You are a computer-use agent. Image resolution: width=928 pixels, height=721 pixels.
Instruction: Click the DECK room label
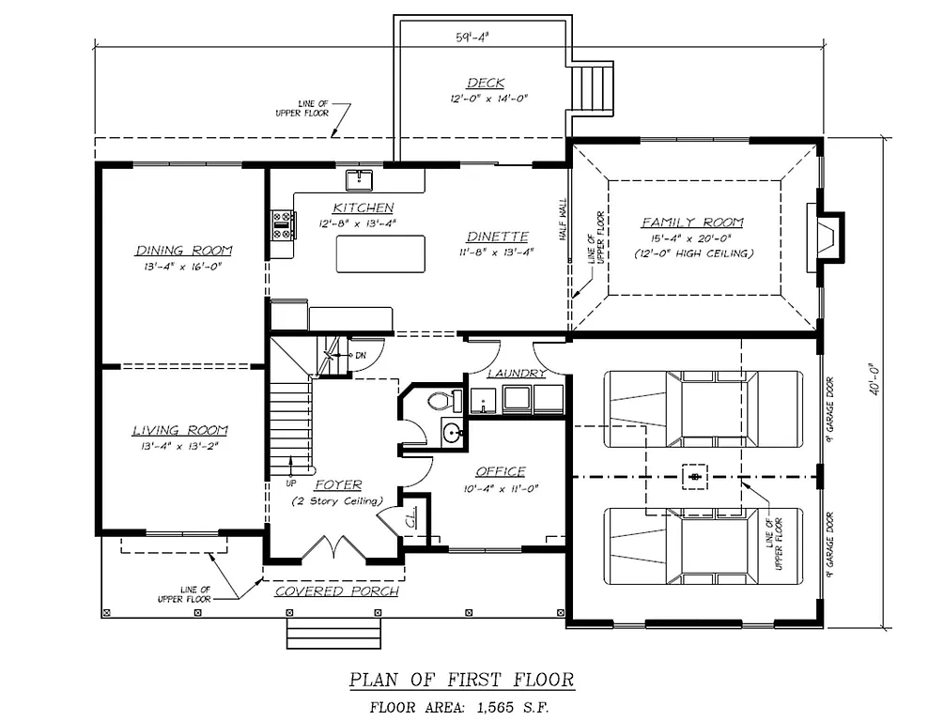pyautogui.click(x=486, y=84)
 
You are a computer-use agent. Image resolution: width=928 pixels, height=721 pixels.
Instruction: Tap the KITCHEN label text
pyautogui.click(x=363, y=207)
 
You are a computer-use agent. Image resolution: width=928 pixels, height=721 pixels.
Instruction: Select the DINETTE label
pyautogui.click(x=497, y=237)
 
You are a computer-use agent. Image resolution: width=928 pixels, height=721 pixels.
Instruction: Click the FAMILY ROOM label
pyautogui.click(x=692, y=222)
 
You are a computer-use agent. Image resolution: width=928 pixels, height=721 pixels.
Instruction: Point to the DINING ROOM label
pyautogui.click(x=184, y=251)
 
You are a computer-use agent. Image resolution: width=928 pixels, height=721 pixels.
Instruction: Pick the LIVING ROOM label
pyautogui.click(x=179, y=431)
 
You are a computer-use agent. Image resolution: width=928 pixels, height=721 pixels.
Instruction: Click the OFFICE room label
pyautogui.click(x=500, y=471)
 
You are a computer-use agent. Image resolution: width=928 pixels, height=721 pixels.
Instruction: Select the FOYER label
pyautogui.click(x=338, y=485)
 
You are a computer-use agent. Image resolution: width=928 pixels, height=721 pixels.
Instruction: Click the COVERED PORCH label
pyautogui.click(x=336, y=591)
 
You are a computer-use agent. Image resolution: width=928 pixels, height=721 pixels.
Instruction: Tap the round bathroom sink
pyautogui.click(x=452, y=434)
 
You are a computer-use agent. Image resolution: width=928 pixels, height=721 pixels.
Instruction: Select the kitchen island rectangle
pyautogui.click(x=380, y=254)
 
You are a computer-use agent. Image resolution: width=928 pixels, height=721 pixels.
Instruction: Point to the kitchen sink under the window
pyautogui.click(x=360, y=179)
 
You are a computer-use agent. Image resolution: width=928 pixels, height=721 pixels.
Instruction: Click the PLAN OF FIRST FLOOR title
pyautogui.click(x=461, y=679)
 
